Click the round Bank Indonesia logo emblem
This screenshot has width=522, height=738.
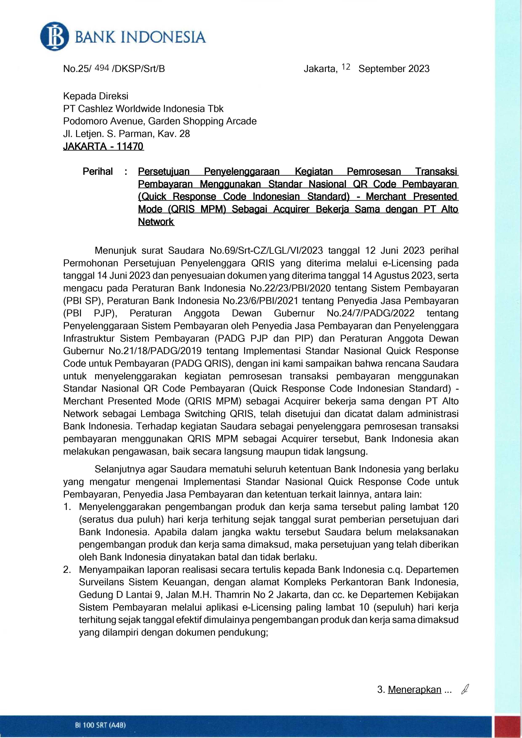[x=54, y=37]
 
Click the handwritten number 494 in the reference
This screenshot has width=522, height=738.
[x=102, y=68]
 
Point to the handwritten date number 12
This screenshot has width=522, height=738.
[x=346, y=67]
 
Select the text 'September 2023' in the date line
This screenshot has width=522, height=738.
[x=394, y=69]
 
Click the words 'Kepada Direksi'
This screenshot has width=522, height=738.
[x=96, y=96]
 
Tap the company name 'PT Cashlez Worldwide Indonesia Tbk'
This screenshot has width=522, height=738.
[x=143, y=109]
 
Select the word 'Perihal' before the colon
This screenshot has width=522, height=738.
[x=98, y=172]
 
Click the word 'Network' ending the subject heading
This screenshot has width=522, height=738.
[x=156, y=222]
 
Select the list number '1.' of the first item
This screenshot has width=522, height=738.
[x=67, y=507]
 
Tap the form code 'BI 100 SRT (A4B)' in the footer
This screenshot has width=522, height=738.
[x=100, y=725]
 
